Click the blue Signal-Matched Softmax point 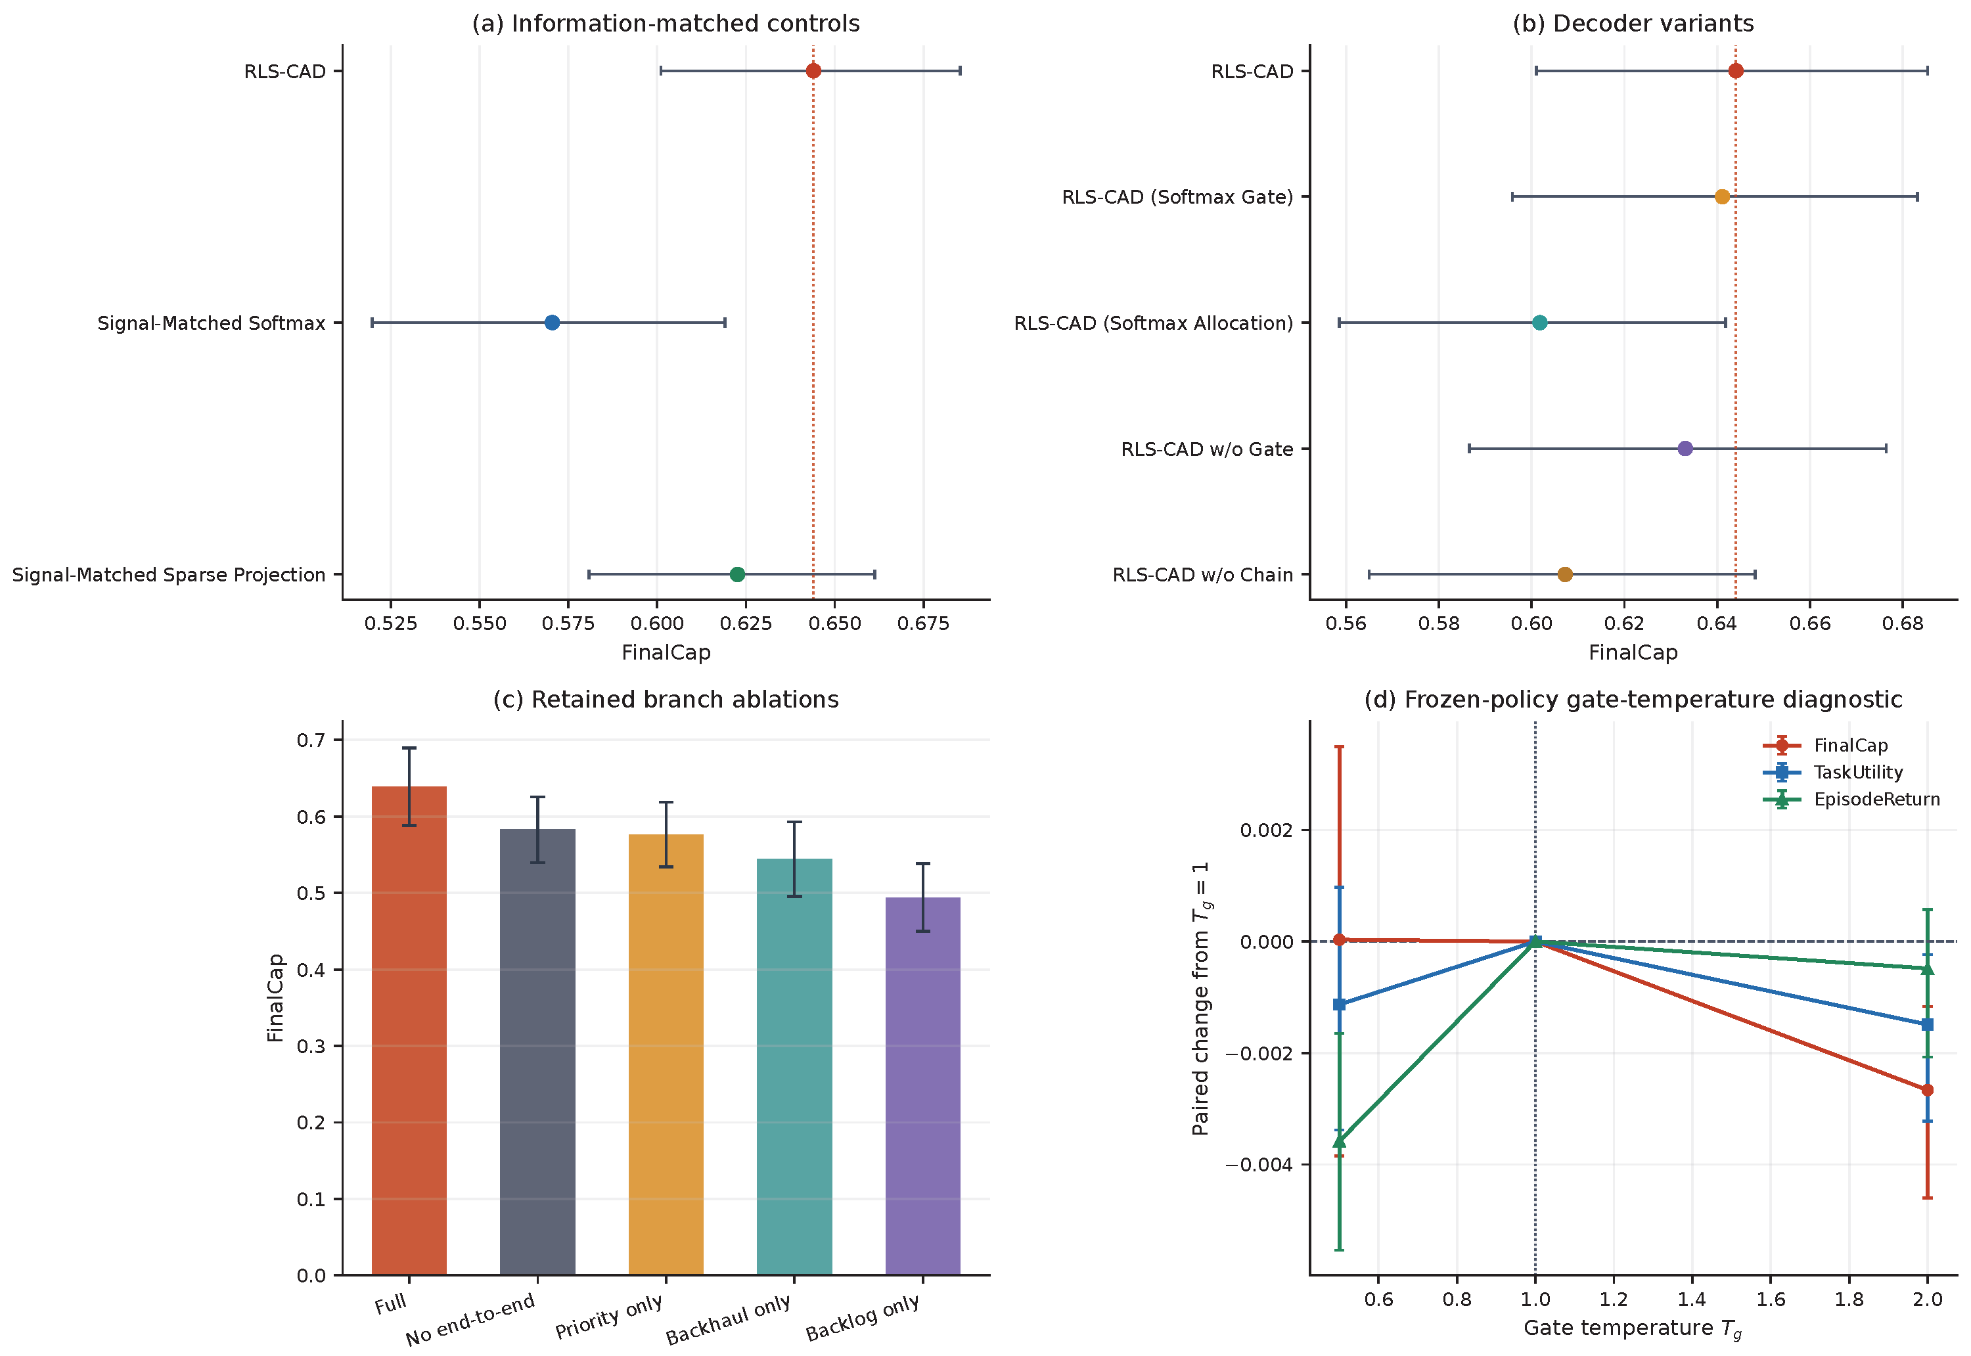[553, 323]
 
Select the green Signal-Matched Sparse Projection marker [737, 574]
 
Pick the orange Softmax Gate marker [1722, 197]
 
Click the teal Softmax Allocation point [1539, 323]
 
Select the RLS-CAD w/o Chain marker [1565, 574]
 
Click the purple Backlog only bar [922, 1086]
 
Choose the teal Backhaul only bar [794, 1066]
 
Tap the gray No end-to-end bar [538, 1052]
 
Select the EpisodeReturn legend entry [1852, 800]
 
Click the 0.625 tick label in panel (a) [746, 623]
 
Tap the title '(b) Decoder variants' [1633, 24]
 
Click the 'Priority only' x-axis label [608, 1317]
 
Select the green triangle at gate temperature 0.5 [1340, 1141]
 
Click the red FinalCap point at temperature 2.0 [1928, 1090]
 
